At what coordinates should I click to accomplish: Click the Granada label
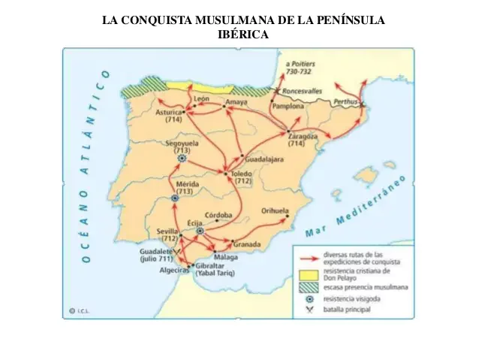point(246,244)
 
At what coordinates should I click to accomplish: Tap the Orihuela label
point(275,211)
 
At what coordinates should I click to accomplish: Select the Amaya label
point(236,101)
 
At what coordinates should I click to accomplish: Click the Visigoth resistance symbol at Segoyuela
point(181,159)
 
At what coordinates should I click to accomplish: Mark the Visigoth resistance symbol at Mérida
point(175,198)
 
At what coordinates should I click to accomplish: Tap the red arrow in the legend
point(307,258)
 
